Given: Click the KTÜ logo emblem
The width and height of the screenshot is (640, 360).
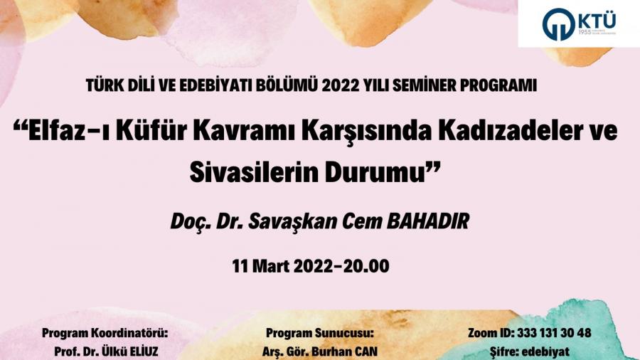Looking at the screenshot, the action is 558,24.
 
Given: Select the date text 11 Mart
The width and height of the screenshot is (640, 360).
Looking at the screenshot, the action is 261,267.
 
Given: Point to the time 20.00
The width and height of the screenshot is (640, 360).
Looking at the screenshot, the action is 366,267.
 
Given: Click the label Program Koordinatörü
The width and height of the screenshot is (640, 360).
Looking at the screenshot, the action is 105,333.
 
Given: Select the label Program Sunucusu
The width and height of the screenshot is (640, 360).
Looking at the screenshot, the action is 320,333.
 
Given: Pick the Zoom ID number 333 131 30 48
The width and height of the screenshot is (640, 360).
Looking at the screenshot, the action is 554,333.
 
